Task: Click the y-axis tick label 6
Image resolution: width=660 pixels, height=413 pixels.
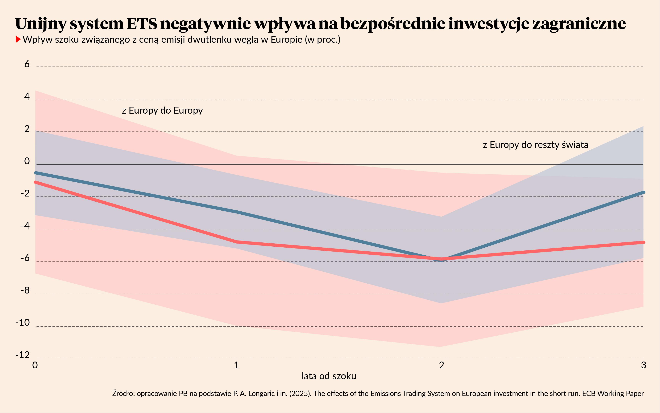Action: pos(27,64)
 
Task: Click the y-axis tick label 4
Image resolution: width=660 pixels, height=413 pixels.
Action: pos(27,96)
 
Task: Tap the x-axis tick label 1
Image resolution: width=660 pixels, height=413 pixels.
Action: pos(236,365)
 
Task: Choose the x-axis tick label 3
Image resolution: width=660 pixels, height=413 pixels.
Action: pos(643,365)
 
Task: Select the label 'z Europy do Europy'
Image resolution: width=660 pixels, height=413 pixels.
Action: pos(162,110)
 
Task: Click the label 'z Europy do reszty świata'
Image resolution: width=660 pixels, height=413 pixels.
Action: pos(535,144)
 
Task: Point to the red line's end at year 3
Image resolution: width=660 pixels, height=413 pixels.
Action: pos(643,242)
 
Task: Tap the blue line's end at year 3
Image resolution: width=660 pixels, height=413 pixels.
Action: pos(643,192)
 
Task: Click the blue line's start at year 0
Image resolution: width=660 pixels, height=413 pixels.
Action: pos(36,173)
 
